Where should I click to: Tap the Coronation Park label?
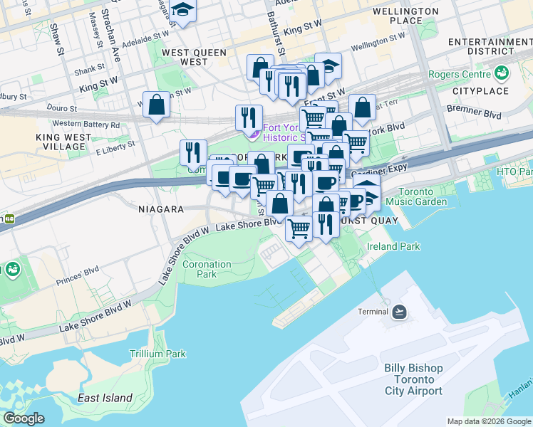click(207, 269)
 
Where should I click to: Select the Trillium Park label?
click(157, 354)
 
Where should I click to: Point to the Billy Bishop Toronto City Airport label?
click(413, 379)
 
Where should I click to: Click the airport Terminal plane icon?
click(399, 312)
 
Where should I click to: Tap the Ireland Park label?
click(393, 246)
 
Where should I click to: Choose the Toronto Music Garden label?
click(422, 196)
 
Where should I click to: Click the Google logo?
click(24, 418)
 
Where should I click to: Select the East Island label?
click(105, 398)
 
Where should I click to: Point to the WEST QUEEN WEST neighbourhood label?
click(194, 58)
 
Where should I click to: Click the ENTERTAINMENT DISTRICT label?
click(490, 47)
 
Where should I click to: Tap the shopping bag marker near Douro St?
click(156, 105)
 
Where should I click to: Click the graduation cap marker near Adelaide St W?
click(183, 11)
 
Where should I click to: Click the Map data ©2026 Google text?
click(488, 421)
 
